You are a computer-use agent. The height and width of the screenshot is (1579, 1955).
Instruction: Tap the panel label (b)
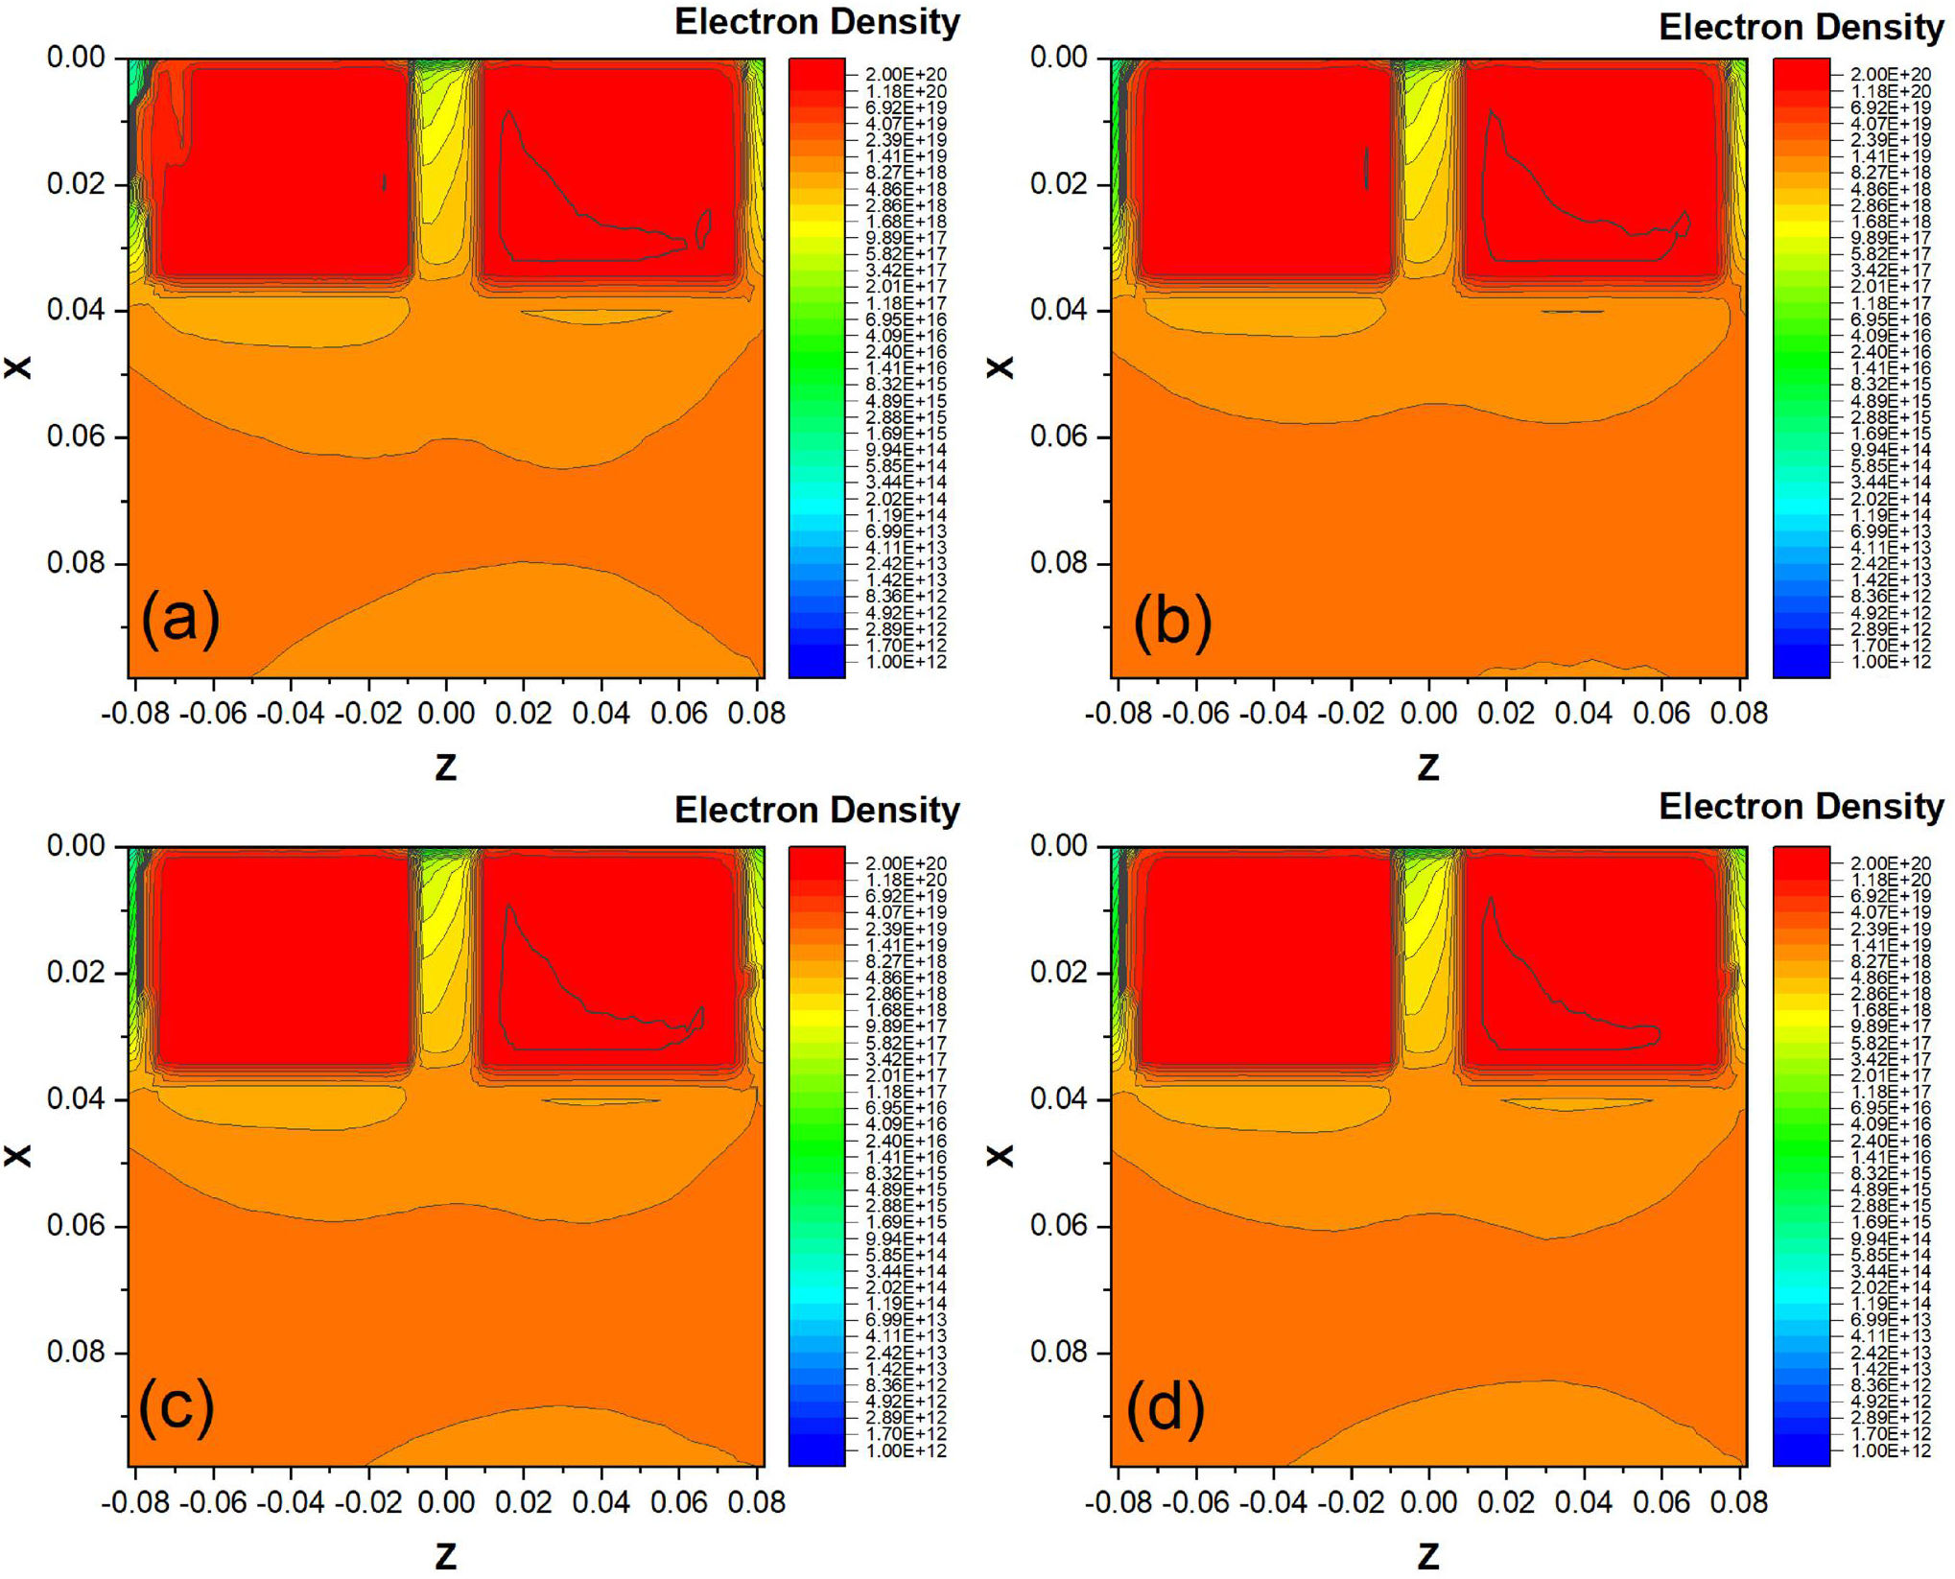click(x=1172, y=621)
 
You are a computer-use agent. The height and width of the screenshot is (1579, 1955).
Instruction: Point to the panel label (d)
click(x=1165, y=1407)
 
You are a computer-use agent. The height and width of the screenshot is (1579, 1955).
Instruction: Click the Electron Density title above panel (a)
click(x=816, y=22)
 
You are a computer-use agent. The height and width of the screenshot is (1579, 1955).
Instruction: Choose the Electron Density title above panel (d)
click(x=1801, y=807)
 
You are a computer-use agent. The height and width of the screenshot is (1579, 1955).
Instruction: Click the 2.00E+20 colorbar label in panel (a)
click(x=906, y=75)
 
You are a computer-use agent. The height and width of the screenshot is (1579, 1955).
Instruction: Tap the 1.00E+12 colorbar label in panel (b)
click(x=1890, y=662)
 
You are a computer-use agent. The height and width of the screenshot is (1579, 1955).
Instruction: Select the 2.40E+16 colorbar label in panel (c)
click(x=906, y=1141)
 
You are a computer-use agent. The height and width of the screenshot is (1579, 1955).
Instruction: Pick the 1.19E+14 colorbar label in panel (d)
click(x=1890, y=1304)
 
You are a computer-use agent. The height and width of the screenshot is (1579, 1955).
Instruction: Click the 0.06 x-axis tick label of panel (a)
click(x=76, y=436)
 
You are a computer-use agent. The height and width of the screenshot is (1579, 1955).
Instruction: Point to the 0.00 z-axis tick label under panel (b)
click(x=1428, y=714)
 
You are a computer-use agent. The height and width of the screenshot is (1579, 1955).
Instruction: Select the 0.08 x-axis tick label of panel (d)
click(x=1059, y=1352)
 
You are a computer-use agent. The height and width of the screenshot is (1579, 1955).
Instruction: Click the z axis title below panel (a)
click(x=446, y=766)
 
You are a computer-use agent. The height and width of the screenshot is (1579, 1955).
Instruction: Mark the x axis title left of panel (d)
click(x=1000, y=1155)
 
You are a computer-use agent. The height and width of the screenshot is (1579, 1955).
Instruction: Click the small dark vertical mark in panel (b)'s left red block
click(x=1366, y=168)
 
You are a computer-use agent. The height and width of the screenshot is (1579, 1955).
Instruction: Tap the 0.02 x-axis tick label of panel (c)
click(x=76, y=972)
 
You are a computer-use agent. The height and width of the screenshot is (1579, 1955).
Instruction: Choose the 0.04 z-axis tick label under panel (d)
click(x=1584, y=1502)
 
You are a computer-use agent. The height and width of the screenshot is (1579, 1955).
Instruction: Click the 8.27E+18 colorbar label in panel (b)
click(x=1890, y=173)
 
